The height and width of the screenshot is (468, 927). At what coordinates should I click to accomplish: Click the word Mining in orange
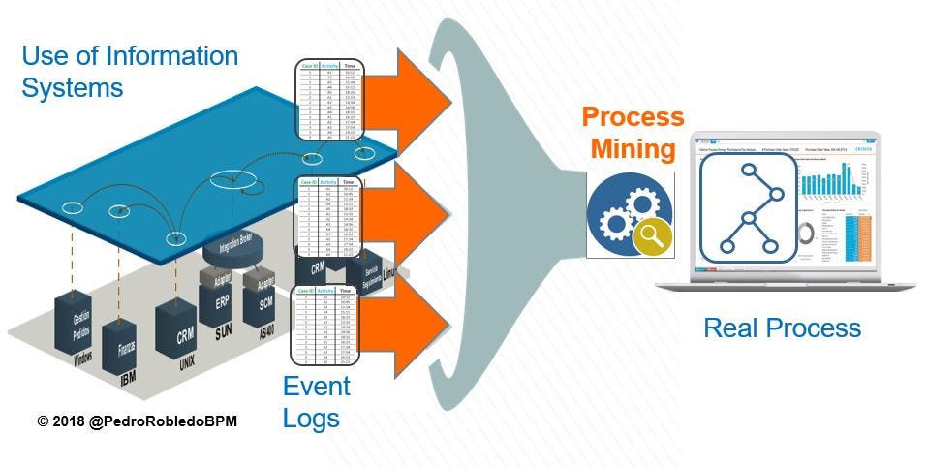coord(633,150)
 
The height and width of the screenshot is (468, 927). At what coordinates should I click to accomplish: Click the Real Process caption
coord(782,328)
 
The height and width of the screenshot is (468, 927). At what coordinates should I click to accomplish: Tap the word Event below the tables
coord(316,386)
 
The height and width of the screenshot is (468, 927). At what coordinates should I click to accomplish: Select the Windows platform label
coord(82,359)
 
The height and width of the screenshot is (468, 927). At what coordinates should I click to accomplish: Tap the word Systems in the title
coord(73,87)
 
